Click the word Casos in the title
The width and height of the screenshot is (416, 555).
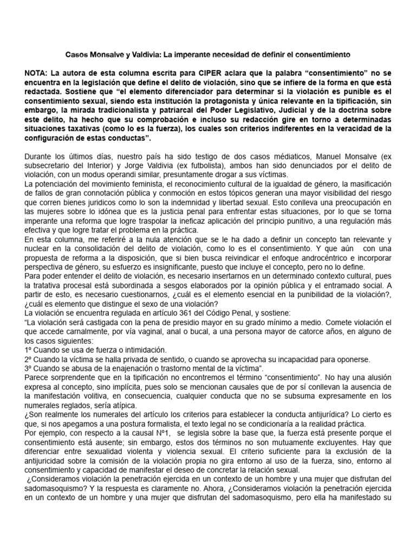[77, 55]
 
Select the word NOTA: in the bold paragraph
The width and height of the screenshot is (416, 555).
[37, 72]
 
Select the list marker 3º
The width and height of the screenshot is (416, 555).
[29, 368]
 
